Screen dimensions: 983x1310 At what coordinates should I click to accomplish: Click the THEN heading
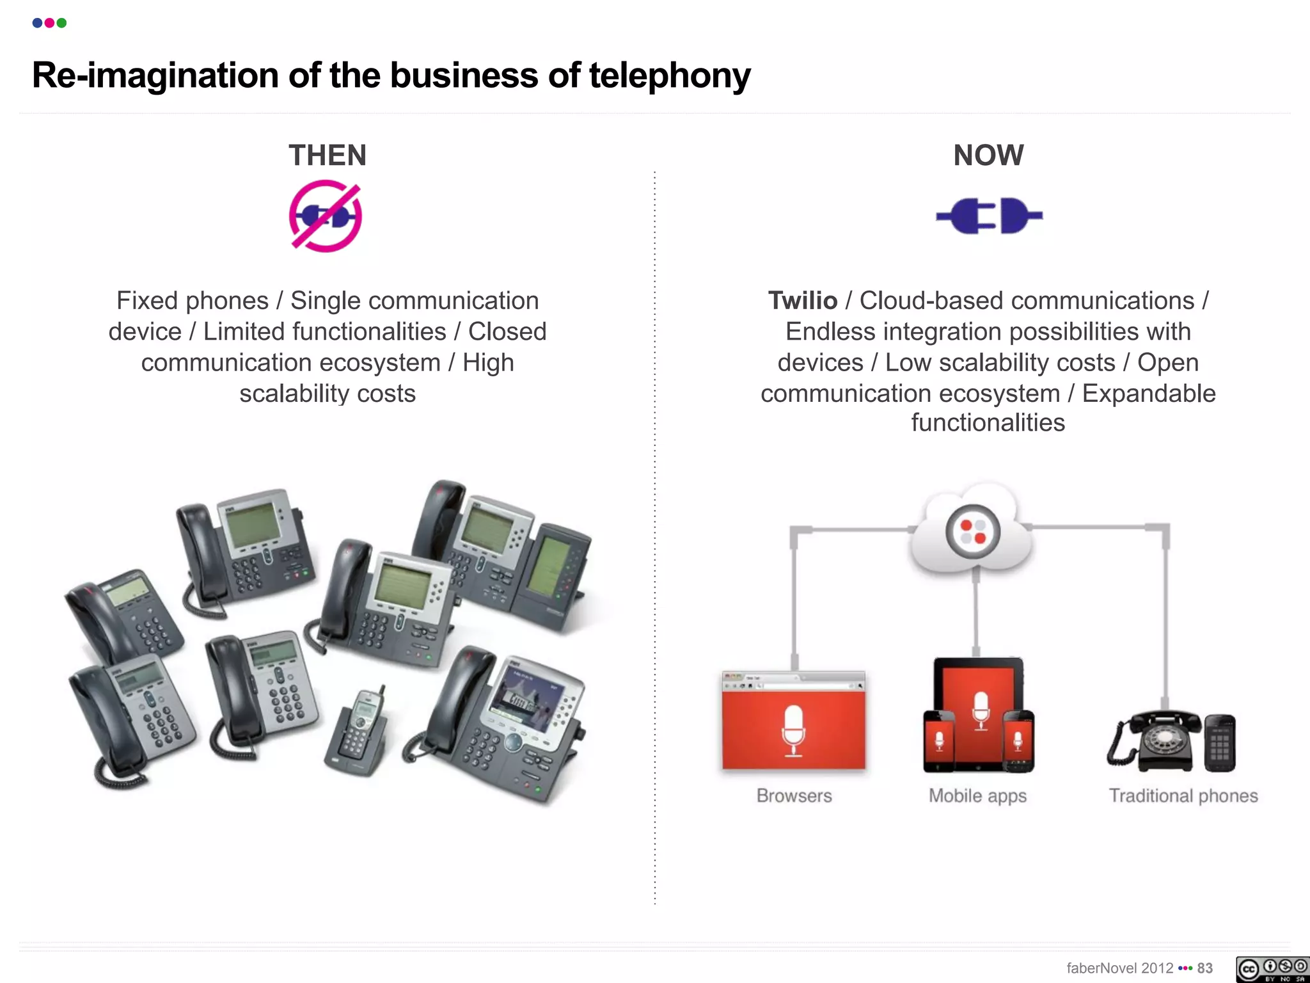(x=327, y=156)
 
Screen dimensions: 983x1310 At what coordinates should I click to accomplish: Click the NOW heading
(x=988, y=156)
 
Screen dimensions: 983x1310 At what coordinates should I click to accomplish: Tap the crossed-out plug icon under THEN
(x=326, y=216)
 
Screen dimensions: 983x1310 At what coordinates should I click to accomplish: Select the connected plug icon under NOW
(x=989, y=216)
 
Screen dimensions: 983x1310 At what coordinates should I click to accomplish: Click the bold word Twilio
(x=803, y=301)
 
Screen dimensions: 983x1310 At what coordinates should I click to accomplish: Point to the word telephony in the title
(x=670, y=76)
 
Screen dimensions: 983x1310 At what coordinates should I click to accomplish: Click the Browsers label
(x=794, y=795)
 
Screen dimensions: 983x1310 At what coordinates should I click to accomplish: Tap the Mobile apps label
(x=977, y=795)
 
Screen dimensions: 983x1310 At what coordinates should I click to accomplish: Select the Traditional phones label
(x=1183, y=795)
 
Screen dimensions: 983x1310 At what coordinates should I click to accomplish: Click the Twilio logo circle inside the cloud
(x=973, y=531)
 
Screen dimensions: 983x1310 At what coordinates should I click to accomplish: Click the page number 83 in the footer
(x=1205, y=968)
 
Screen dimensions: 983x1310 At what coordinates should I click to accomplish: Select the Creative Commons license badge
(x=1272, y=969)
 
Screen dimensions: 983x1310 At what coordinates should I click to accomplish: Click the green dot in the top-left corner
(x=61, y=23)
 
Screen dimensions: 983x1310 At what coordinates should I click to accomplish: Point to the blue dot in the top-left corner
(x=37, y=23)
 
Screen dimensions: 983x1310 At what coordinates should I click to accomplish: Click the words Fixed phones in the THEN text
(x=192, y=301)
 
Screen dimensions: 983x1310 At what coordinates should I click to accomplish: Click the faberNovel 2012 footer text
(x=1119, y=968)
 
